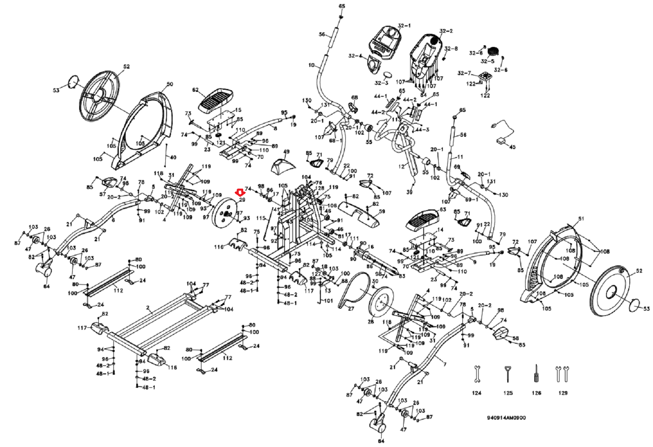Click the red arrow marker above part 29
coord(240,191)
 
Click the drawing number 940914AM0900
coord(506,418)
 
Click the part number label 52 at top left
coord(126,67)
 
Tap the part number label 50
coord(170,85)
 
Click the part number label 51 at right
coord(581,219)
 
